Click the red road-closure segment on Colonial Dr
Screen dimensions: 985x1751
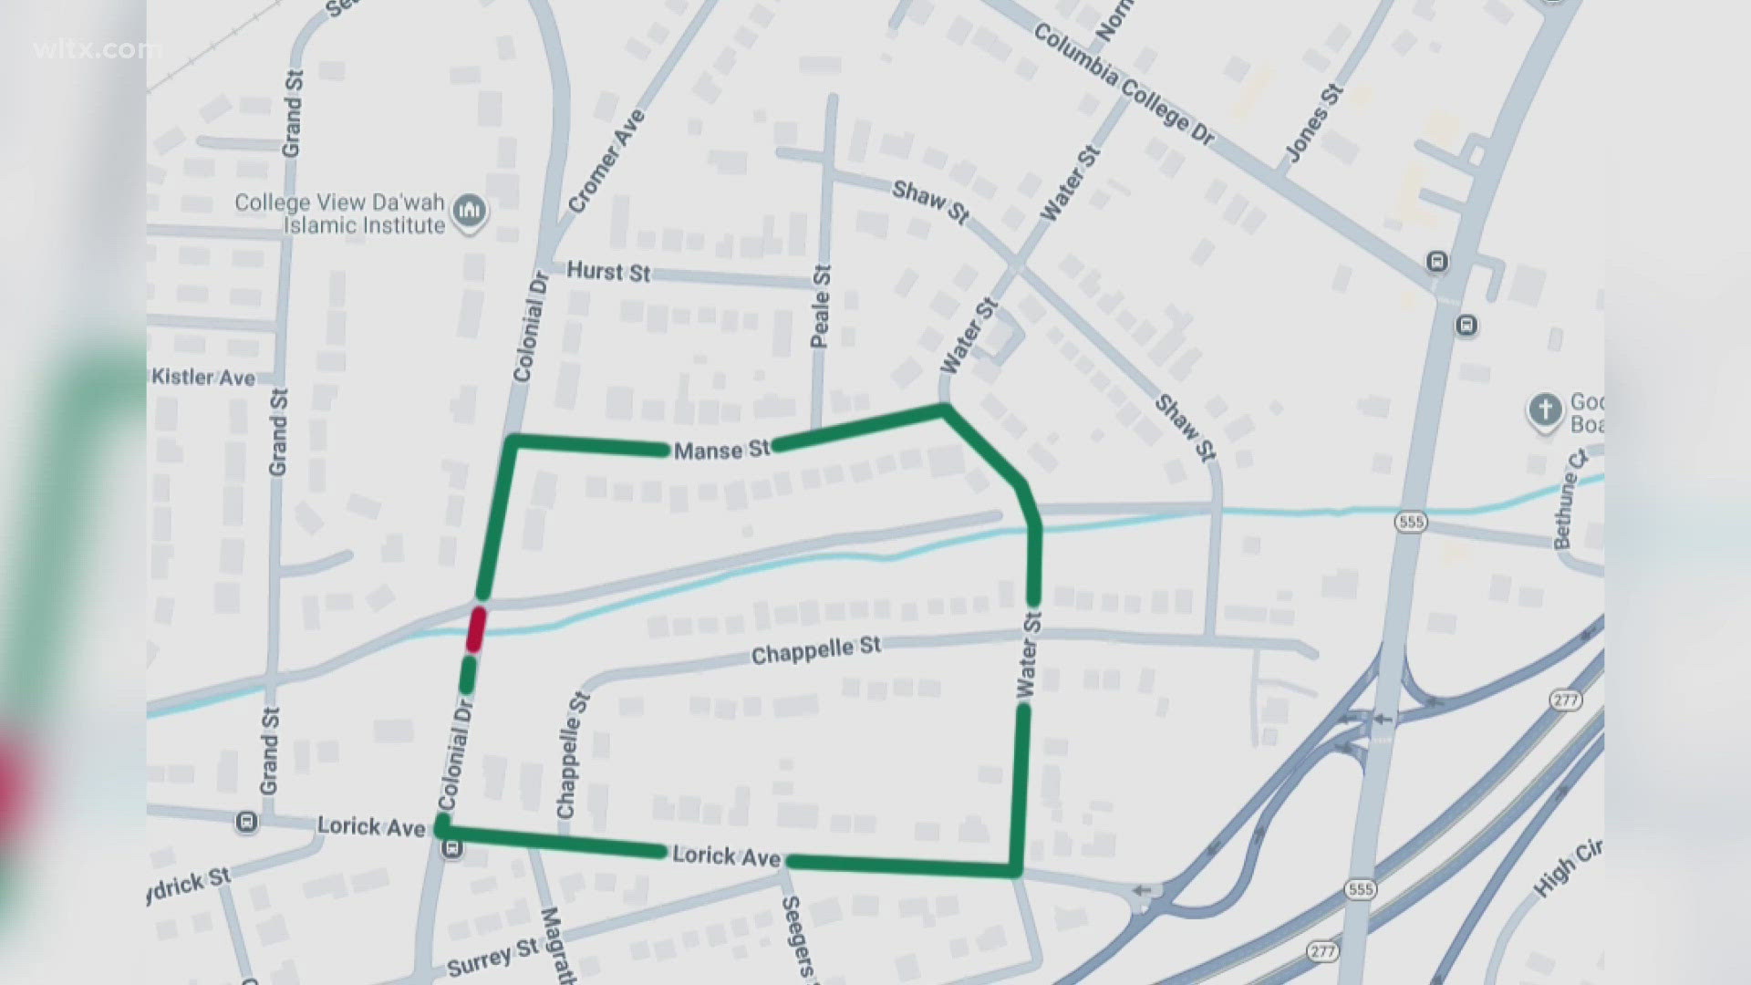click(x=475, y=628)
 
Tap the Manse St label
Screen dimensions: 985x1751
click(x=721, y=450)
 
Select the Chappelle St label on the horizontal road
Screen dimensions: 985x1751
click(x=816, y=650)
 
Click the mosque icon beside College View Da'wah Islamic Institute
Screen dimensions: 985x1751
click(x=471, y=212)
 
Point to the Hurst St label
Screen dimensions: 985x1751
click(x=608, y=271)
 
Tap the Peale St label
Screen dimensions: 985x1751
click(x=821, y=306)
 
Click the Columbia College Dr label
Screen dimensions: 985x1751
click(x=1124, y=84)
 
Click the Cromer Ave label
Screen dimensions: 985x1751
click(x=606, y=161)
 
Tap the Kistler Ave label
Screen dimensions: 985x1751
click(x=203, y=378)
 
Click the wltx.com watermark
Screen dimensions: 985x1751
click(x=97, y=49)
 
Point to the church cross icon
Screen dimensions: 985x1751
click(x=1545, y=410)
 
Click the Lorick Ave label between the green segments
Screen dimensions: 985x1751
click(x=726, y=856)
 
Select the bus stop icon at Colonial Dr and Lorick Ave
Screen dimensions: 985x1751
click(x=451, y=849)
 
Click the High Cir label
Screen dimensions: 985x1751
click(x=1567, y=867)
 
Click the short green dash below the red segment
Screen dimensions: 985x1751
click(x=468, y=675)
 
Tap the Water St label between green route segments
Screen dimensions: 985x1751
click(x=1028, y=655)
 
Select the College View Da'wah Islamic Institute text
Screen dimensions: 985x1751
click(x=340, y=213)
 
